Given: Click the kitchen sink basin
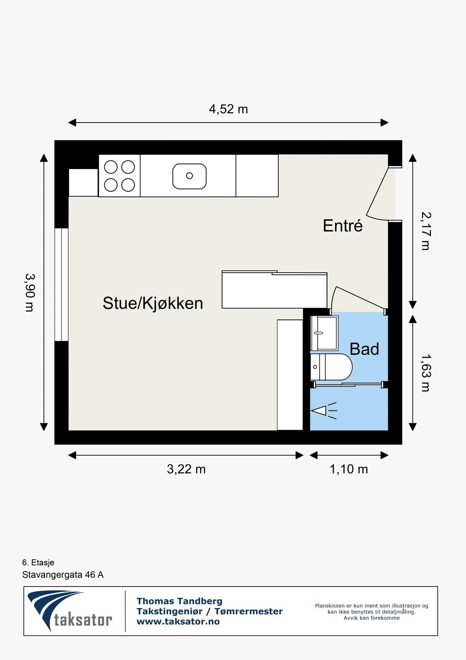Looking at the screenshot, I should [x=189, y=176].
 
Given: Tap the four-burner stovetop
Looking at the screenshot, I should [x=119, y=176].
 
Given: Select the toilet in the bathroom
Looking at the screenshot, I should [x=332, y=367].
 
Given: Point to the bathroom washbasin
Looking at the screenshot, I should [x=324, y=332].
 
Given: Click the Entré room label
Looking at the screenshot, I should [x=342, y=226].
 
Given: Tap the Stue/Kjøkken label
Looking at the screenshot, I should [x=152, y=303].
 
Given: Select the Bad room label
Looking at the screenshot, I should [x=364, y=349].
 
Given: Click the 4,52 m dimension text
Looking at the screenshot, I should [x=228, y=109].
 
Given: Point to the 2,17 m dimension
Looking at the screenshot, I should [x=426, y=231].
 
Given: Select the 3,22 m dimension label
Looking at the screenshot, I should [x=186, y=469].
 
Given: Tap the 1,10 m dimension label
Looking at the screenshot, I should [x=349, y=469].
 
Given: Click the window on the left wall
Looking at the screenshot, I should [x=61, y=285].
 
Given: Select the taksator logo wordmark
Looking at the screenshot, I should [x=83, y=620].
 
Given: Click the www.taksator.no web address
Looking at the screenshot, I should [x=178, y=622].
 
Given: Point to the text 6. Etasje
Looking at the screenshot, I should [x=38, y=563].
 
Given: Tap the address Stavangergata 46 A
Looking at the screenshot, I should [x=63, y=575].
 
